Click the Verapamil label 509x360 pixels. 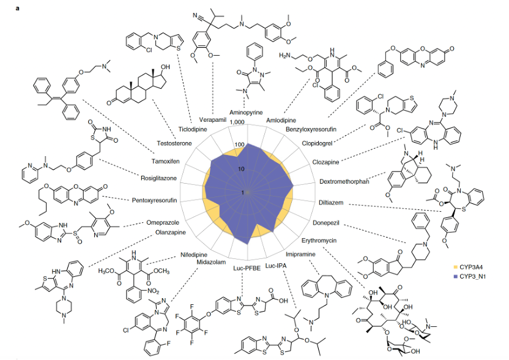[x=212, y=119]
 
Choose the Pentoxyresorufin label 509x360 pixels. [x=154, y=200]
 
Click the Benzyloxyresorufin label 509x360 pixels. [x=316, y=130]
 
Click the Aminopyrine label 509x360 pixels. [x=247, y=113]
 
